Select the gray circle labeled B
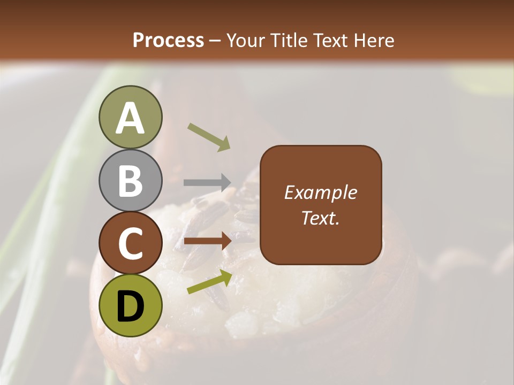pyautogui.click(x=130, y=180)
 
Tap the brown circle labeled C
pyautogui.click(x=130, y=242)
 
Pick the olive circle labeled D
pyautogui.click(x=130, y=305)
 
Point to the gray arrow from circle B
pyautogui.click(x=207, y=182)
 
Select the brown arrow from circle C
pyautogui.click(x=207, y=241)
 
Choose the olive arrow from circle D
pyautogui.click(x=209, y=282)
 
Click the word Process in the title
pyautogui.click(x=168, y=40)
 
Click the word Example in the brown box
pyautogui.click(x=320, y=192)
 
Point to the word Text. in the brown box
pyautogui.click(x=320, y=218)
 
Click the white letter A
pyautogui.click(x=130, y=118)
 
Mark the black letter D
pyautogui.click(x=130, y=305)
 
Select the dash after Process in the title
pyautogui.click(x=215, y=41)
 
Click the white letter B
pyautogui.click(x=130, y=180)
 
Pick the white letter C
pyautogui.click(x=130, y=242)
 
